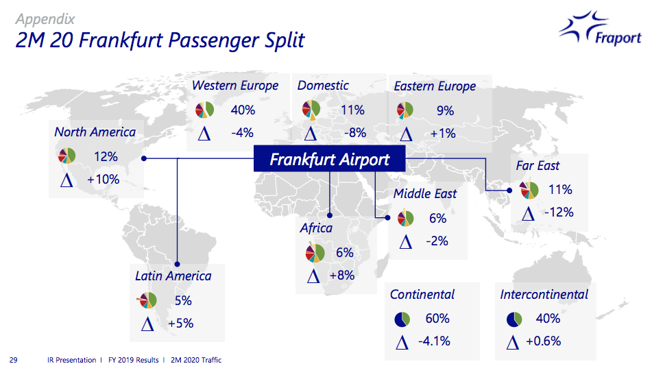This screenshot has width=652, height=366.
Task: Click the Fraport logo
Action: pos(600,28)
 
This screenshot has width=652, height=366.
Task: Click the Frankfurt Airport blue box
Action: pos(329,158)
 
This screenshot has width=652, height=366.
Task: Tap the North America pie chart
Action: pos(67,156)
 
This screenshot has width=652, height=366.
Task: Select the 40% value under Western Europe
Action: pos(243,110)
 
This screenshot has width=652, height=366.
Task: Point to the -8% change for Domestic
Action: pos(354,133)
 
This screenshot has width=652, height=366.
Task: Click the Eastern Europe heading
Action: pos(435,86)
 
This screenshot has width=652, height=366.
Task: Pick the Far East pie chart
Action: pos(529,190)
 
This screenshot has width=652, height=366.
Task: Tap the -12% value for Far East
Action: pos(559,212)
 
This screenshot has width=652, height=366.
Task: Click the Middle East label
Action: pos(424,193)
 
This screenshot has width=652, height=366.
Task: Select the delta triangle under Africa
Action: pos(313,276)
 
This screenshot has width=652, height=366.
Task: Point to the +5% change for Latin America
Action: pos(180,323)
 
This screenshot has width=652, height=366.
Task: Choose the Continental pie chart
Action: pos(402,319)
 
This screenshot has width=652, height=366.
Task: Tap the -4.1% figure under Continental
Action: pos(434,341)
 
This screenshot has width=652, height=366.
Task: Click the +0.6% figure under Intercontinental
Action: pos(544,341)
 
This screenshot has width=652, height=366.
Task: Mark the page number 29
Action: pos(13,360)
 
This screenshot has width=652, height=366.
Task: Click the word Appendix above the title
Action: pos(45,19)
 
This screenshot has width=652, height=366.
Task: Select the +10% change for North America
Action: pos(103,180)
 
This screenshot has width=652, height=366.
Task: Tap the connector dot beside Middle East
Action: pos(387,217)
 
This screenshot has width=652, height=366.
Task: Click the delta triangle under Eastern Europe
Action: pos(406,134)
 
